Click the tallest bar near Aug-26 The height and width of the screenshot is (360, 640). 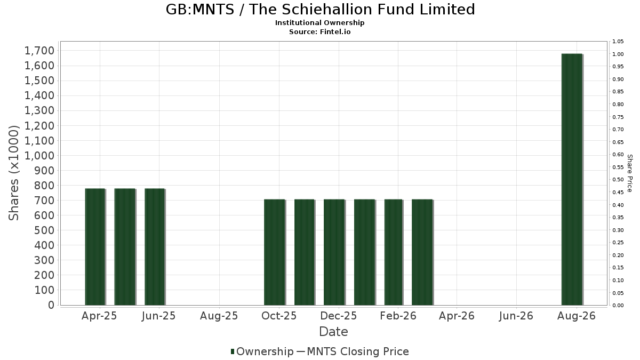coord(572,179)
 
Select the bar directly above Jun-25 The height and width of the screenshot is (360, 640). coord(155,247)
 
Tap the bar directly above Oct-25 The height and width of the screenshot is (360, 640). coord(274,252)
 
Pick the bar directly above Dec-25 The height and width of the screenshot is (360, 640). coord(334,252)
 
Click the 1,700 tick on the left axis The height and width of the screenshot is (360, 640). coord(39,51)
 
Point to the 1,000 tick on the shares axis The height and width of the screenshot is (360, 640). coord(39,155)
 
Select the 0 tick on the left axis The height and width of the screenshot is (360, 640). coord(51,305)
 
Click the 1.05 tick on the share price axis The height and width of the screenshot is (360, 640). coord(618,42)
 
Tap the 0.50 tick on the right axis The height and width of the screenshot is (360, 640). coord(618,180)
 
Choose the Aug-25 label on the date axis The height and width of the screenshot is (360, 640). coord(219,316)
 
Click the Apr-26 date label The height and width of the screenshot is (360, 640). coord(457,316)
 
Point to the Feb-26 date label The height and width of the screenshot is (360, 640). coord(398,316)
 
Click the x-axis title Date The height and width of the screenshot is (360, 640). coord(333,332)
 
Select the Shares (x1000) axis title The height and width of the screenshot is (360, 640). coord(14,173)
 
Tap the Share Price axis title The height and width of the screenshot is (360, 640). coord(630,173)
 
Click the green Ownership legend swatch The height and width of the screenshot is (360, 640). coord(233,351)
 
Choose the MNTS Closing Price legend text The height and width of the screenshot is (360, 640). coord(358,351)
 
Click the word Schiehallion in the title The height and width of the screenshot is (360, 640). coord(326,10)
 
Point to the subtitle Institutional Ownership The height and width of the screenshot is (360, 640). coord(319,23)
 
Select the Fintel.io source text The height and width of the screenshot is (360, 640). coord(335,31)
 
